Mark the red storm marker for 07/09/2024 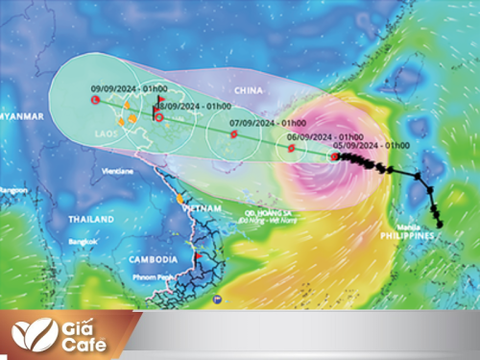[234, 136]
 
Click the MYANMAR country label [21, 116]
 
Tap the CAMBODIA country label [153, 259]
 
